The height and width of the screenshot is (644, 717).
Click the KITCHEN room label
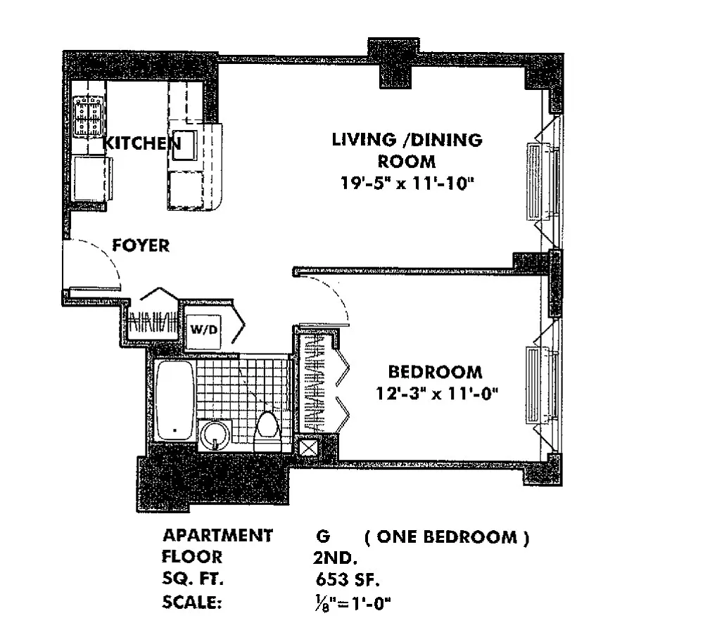click(x=142, y=143)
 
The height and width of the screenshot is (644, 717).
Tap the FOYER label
click(x=141, y=246)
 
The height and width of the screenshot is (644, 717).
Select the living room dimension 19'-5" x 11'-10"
click(x=407, y=183)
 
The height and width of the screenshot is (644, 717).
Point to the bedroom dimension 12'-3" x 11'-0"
click(x=436, y=393)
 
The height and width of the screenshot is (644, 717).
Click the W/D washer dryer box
click(x=203, y=330)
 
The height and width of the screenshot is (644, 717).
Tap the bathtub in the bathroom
click(x=175, y=401)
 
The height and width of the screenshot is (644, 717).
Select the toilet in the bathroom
click(x=267, y=430)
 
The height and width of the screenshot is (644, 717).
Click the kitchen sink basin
click(x=185, y=146)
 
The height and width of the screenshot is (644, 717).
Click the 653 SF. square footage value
click(x=348, y=579)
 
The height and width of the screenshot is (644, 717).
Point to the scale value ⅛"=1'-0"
click(x=353, y=603)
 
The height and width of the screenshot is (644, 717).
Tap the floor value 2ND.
click(x=335, y=558)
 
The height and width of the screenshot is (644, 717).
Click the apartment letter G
click(x=323, y=536)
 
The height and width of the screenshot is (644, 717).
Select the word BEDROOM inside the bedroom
click(x=436, y=372)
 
